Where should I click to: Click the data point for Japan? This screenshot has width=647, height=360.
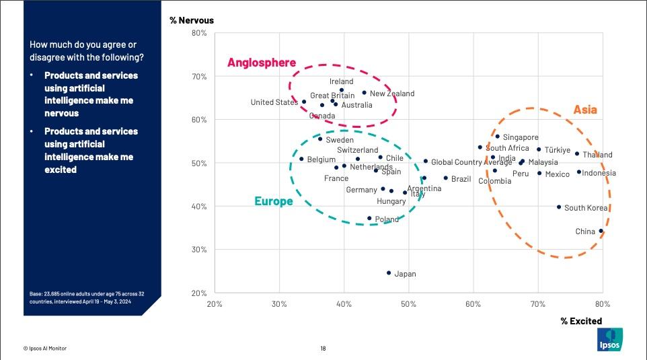click(389, 273)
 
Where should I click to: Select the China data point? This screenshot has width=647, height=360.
click(601, 231)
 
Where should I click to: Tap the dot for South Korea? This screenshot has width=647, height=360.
click(559, 207)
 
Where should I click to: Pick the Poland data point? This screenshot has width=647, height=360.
click(369, 218)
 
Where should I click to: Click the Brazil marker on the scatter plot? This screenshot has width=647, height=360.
click(445, 178)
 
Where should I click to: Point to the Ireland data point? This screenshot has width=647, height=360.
click(342, 89)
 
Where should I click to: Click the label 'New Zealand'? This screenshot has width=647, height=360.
click(392, 94)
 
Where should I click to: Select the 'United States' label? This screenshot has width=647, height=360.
click(274, 102)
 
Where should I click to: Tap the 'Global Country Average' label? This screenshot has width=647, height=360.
click(471, 162)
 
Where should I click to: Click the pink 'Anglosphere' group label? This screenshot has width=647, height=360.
click(261, 63)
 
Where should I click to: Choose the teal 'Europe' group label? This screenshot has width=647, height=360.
click(273, 201)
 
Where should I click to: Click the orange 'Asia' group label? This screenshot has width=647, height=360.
click(584, 110)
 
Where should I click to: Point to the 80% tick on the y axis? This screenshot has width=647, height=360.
click(199, 33)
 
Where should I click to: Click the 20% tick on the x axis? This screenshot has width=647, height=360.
click(215, 304)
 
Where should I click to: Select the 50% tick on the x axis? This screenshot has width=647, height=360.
click(408, 304)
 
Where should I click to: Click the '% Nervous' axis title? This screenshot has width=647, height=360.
click(192, 20)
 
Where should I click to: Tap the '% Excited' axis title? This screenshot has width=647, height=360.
click(581, 321)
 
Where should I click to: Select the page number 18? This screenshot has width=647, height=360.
click(323, 348)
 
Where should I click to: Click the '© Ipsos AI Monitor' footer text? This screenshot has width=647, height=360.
click(45, 348)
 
